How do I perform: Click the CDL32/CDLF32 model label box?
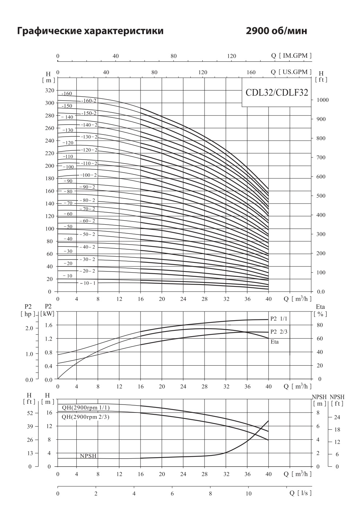pos(277,92)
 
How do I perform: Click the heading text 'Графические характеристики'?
pos(90,31)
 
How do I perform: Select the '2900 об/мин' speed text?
pos(276,31)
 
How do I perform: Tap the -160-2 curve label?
pos(89,101)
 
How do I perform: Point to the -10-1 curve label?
pos(88,283)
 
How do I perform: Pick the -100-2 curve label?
pos(89,175)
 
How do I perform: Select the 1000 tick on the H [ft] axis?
pos(323,100)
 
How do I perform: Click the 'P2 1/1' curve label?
pos(279,319)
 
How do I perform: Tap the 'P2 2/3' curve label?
pos(279,331)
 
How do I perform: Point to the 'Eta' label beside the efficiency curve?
pos(275,342)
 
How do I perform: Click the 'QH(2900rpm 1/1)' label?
pos(86,407)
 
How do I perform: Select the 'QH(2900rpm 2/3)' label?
pos(86,417)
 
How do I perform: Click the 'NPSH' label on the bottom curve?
pos(88,456)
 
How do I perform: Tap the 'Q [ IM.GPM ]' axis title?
pos(291,56)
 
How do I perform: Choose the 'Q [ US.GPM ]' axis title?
pos(291,72)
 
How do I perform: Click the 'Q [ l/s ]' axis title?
pos(300,493)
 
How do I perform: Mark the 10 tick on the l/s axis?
pos(248,494)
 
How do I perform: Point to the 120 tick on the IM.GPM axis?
pos(231,56)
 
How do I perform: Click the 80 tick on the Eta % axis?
pos(320,325)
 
